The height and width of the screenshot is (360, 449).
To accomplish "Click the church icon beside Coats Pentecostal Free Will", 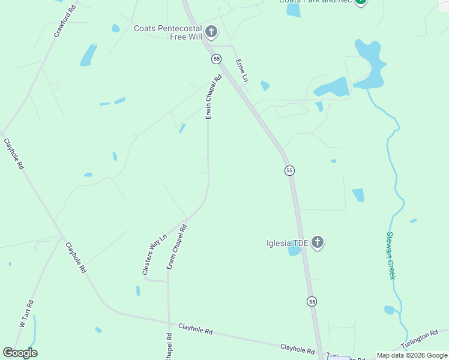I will pos(211,31).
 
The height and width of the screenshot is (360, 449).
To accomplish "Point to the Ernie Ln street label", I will pos(241,70).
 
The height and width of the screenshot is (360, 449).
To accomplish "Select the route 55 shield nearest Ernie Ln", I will pos(217,59).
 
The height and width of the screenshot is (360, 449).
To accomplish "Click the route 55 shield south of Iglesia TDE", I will pos(311,301).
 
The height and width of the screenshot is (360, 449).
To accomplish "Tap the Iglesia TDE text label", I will pos(287,243).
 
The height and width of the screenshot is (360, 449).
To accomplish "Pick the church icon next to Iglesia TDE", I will pos(317,242).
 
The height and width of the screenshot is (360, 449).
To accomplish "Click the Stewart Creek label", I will pos(391,255).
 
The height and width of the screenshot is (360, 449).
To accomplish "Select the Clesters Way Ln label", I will pos(154,254).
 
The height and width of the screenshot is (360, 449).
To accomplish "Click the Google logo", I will pos(20,353).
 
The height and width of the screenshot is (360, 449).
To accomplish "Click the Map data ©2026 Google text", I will pos(412,355).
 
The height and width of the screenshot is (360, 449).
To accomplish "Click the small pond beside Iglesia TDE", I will pos(294,250).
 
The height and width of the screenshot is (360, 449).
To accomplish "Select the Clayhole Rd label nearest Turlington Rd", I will pos(298,349).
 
